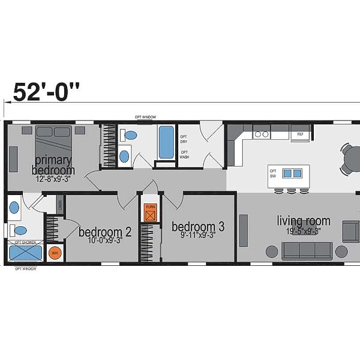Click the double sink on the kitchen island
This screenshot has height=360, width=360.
coord(292,173)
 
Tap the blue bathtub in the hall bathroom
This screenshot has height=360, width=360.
coord(166,141)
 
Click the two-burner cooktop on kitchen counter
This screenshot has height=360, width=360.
coord(261,134)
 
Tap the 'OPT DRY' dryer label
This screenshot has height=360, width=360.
coord(184,139)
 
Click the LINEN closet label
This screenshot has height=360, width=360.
coord(61,205)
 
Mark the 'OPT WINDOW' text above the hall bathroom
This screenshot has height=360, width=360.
coord(146,117)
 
